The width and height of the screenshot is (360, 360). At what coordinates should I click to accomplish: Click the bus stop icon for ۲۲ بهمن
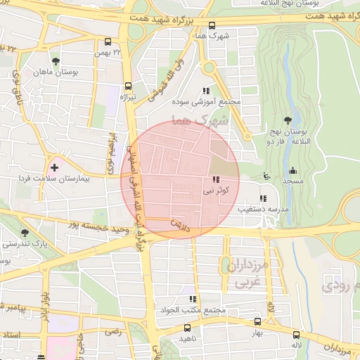108,41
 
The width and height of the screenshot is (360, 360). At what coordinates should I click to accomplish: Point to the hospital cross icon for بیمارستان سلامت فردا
54,168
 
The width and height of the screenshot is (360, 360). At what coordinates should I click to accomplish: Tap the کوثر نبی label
216,190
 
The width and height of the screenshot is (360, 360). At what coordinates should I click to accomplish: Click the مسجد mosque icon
292,170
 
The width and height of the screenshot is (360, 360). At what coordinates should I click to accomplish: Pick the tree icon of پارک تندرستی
25,232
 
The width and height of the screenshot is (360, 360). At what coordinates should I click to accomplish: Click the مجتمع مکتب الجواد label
192,310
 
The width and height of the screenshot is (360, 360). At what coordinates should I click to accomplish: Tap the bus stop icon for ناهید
187,328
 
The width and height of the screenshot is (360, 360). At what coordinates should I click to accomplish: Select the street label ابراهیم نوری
108,144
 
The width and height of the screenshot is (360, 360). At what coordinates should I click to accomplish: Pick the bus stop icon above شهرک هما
204,23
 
